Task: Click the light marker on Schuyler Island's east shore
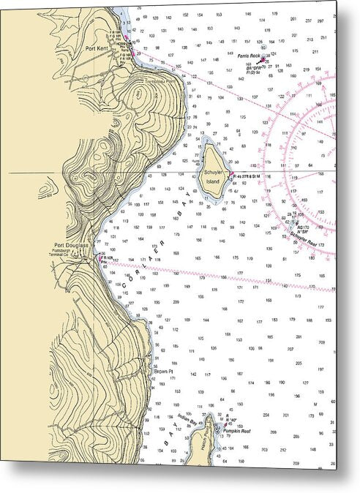(x=230, y=173)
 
